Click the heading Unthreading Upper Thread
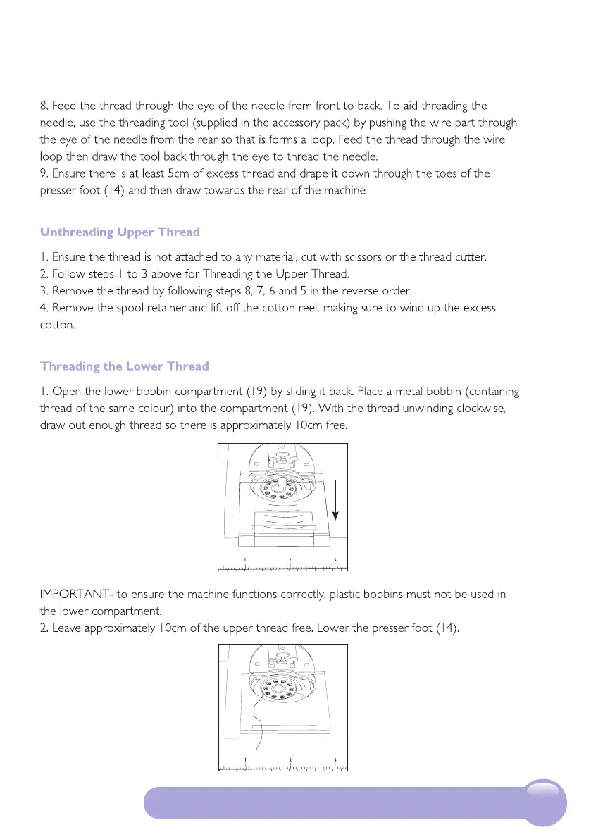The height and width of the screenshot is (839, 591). point(120,232)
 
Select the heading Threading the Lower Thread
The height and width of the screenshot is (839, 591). point(125,366)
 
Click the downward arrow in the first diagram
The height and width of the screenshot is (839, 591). point(337,500)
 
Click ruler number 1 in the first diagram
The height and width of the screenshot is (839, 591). point(245,560)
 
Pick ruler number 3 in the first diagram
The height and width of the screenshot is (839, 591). point(335,560)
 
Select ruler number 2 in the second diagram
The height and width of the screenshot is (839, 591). point(290,760)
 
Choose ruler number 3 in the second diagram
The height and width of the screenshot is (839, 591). point(335,760)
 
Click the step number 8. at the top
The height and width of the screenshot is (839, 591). point(44,106)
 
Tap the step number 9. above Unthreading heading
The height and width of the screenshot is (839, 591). point(44,173)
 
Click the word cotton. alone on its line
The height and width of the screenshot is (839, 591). point(57,325)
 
